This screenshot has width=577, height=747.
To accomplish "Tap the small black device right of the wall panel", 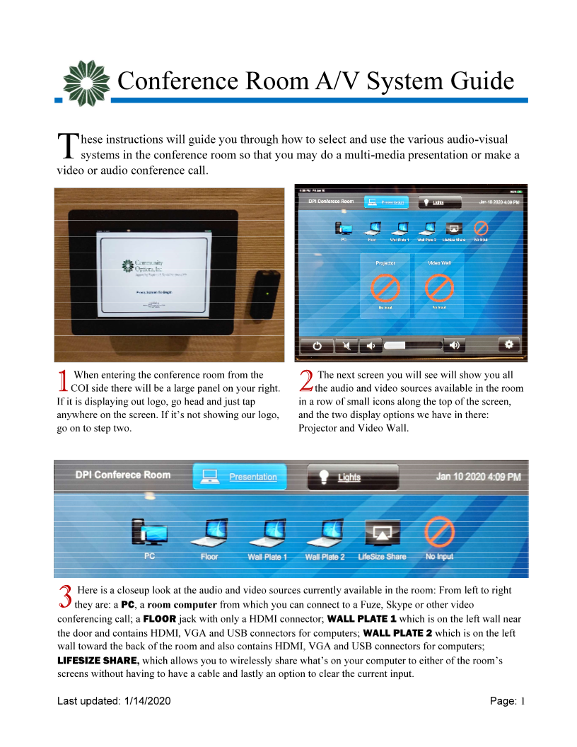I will pyautogui.click(x=264, y=292).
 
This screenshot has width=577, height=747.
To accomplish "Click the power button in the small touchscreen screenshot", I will pyautogui.click(x=317, y=345).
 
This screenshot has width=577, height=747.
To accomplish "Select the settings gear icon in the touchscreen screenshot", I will pyautogui.click(x=508, y=344).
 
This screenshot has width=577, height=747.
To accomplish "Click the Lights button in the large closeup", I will pyautogui.click(x=353, y=477).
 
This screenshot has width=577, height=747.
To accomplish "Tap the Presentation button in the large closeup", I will pyautogui.click(x=240, y=477).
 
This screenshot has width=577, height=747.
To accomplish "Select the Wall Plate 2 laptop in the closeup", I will pyautogui.click(x=325, y=533).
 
